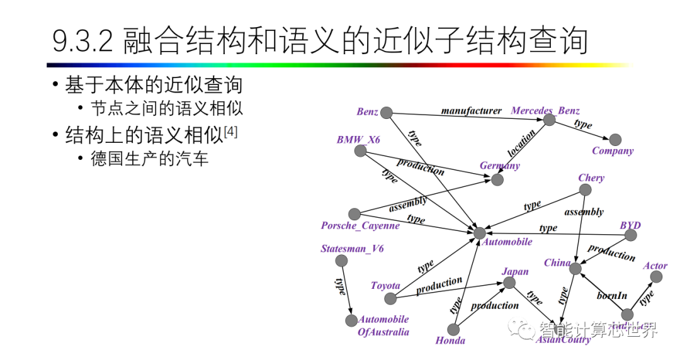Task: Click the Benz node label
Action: (367, 112)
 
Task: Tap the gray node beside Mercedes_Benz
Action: (550, 120)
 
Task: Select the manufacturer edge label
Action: (471, 111)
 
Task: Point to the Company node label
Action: (612, 151)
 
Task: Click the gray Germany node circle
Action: (497, 180)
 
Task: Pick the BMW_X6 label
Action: (358, 140)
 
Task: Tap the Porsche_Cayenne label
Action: (360, 226)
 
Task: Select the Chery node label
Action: (591, 178)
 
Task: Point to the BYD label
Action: (630, 225)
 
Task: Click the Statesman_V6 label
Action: (352, 249)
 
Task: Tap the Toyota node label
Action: (385, 286)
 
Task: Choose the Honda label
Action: (450, 340)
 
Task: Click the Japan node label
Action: (515, 272)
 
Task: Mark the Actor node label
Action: (655, 266)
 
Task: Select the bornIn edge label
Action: (612, 295)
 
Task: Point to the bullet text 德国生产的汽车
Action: (149, 158)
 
